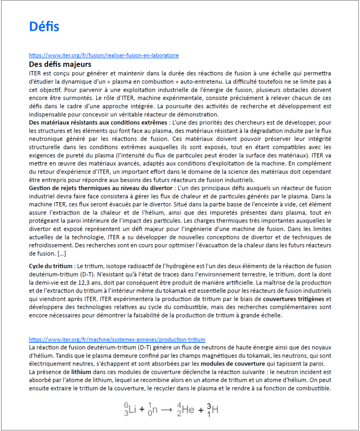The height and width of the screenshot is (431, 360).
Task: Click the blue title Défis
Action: (x=44, y=27)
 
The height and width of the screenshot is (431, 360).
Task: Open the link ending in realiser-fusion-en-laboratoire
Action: (x=104, y=56)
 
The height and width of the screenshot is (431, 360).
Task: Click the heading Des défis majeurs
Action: (x=56, y=64)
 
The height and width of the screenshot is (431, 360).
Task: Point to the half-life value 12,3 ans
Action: (x=90, y=283)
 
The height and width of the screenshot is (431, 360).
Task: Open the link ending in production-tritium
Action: (x=117, y=339)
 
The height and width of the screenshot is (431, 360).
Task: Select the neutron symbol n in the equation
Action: (x=157, y=409)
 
